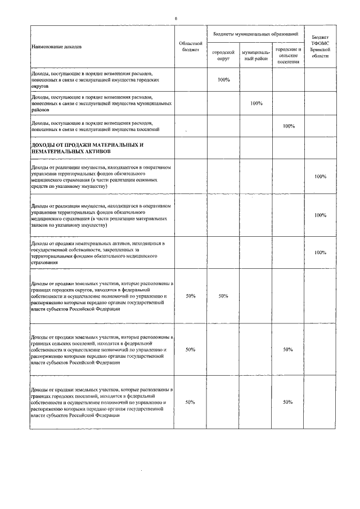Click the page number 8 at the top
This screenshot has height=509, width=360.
coord(175,19)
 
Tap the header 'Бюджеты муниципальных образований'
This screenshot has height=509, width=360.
coord(255,34)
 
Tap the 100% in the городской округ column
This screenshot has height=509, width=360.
coord(223,80)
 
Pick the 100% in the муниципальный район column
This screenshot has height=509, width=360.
coord(256,103)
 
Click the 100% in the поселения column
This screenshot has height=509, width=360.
coord(289,125)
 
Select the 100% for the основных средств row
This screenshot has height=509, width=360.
coord(321,177)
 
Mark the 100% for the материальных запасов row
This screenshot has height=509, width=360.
coord(321,215)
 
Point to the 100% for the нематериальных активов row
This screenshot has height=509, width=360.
coord(321,253)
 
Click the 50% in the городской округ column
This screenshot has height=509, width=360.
coord(223,295)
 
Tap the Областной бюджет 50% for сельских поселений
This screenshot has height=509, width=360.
coord(190,349)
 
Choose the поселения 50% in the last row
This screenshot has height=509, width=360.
coord(288,402)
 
